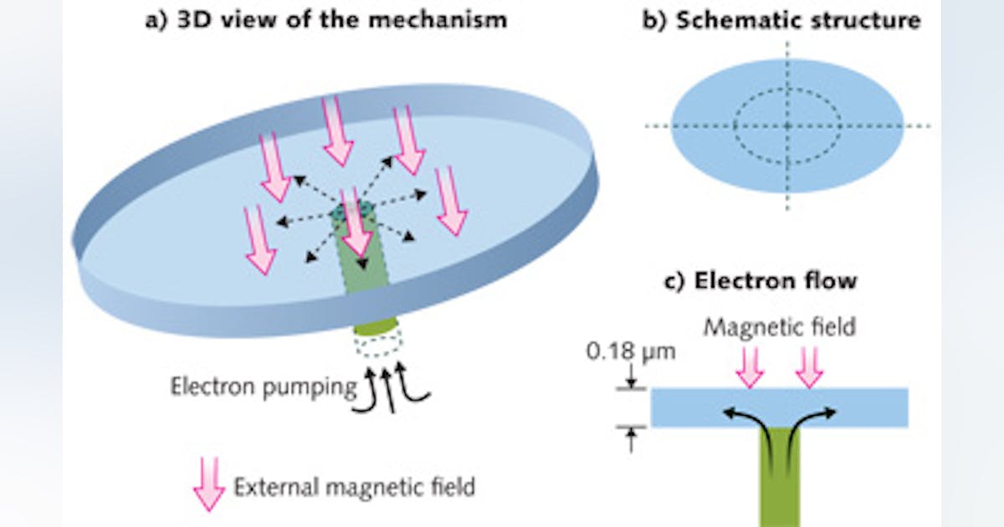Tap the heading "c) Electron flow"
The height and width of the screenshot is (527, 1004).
point(761,280)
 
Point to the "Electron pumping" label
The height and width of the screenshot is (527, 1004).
point(262,386)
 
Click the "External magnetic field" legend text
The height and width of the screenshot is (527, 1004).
point(355,486)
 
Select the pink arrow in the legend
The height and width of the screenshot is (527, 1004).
point(208,485)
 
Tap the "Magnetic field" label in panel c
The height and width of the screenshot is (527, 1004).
point(779,326)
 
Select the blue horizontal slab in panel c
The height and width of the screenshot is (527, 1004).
point(870,407)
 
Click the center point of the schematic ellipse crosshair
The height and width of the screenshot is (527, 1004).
point(786,125)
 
